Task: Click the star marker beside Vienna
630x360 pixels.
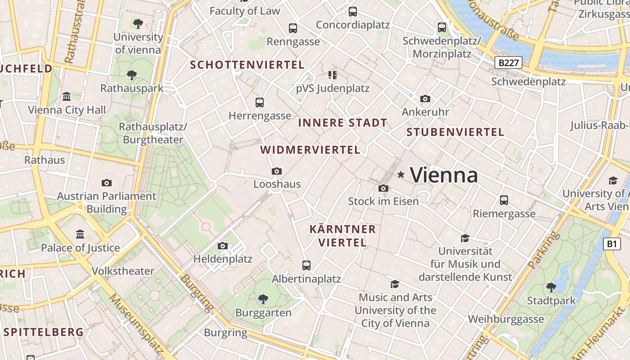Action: [400, 174]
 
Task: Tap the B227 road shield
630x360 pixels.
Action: [509, 63]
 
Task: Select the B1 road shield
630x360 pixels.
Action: [611, 244]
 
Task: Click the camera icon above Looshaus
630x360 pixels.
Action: [277, 171]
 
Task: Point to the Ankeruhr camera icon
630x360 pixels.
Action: [425, 99]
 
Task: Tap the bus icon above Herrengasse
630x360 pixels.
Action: [260, 102]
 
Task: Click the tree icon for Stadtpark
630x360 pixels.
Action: [551, 287]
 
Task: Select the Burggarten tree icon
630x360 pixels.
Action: [263, 299]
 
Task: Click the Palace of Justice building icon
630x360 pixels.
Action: [80, 234]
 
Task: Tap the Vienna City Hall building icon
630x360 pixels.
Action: [67, 96]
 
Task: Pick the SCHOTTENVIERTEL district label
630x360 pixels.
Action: [247, 65]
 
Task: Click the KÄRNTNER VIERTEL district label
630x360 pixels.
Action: [342, 236]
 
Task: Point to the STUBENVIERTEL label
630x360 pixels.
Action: [455, 132]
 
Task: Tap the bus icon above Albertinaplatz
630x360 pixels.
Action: [306, 265]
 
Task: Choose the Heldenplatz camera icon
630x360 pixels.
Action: [223, 246]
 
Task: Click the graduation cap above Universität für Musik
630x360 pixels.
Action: [465, 238]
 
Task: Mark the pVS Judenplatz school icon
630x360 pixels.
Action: [332, 75]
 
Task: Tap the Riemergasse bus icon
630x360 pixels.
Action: [504, 200]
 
